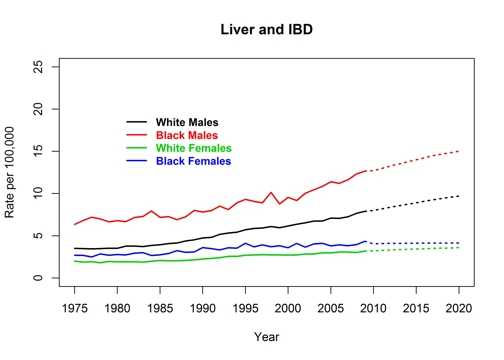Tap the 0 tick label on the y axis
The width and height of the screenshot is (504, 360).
pos(44,277)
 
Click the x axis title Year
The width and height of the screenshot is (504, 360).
pos(266,337)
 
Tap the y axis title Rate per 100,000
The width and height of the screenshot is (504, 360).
pos(13,172)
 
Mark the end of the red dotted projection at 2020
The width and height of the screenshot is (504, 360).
pos(459,151)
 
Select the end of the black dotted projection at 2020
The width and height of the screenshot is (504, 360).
pos(459,195)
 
